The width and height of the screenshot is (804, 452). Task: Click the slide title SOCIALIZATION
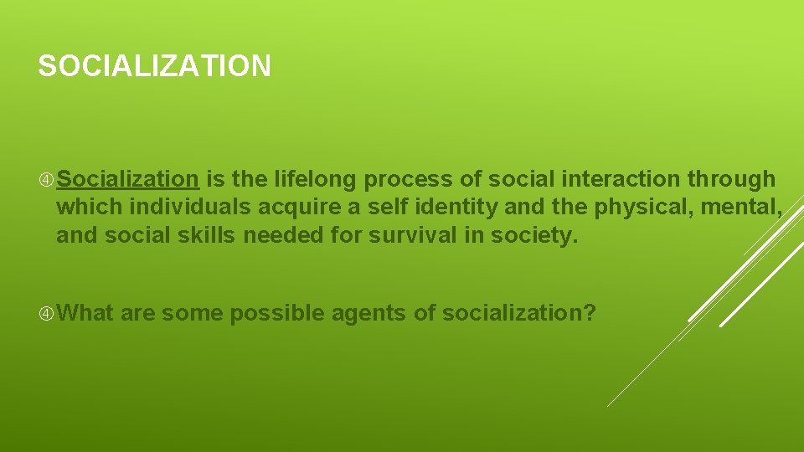(x=154, y=66)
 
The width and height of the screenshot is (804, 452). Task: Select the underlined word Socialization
(x=127, y=179)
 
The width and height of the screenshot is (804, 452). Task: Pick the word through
(x=730, y=179)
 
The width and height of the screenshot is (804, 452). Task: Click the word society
(x=532, y=236)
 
